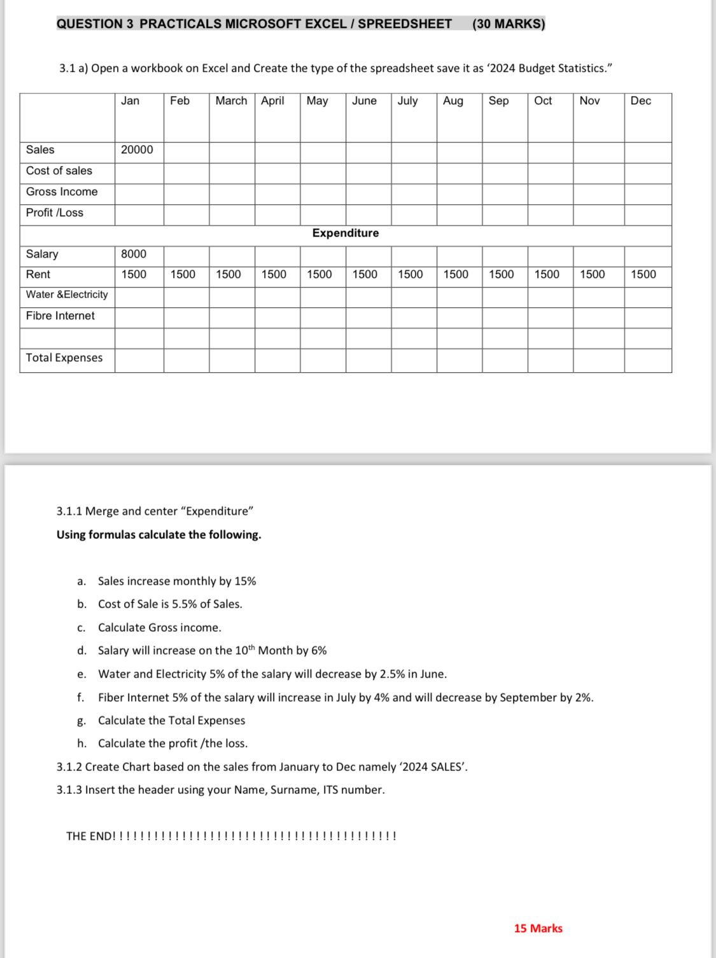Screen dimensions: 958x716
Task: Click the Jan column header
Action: point(130,101)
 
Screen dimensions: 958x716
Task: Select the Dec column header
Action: point(640,101)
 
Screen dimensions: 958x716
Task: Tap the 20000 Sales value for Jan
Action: point(137,149)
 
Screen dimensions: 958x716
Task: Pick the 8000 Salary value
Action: point(134,254)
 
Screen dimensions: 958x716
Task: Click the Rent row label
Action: point(38,274)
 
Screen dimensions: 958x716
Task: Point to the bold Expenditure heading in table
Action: point(345,233)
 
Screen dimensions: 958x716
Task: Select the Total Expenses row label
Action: point(64,358)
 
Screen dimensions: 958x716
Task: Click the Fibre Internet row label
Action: point(60,316)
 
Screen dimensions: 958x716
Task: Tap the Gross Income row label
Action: point(62,191)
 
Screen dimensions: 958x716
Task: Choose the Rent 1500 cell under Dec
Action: point(643,274)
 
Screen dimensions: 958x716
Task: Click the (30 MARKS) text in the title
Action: point(509,24)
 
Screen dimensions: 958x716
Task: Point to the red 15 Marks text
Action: point(538,928)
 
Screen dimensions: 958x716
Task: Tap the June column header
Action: point(364,101)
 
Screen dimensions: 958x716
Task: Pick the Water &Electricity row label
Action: point(67,295)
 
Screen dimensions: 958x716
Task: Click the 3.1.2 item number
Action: point(69,767)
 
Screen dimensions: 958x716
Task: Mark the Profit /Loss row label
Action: point(55,212)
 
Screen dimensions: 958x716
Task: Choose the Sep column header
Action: point(498,101)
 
